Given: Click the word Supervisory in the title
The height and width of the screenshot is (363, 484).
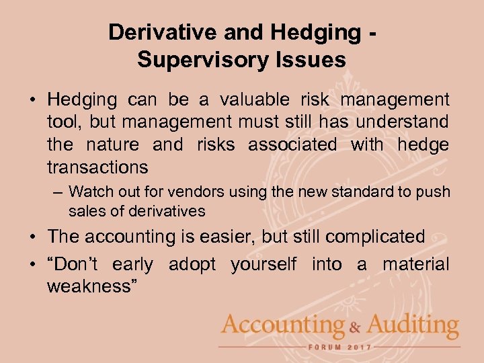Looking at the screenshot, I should coord(204,61).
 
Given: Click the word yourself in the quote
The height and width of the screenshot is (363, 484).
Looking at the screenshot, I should coord(263,264).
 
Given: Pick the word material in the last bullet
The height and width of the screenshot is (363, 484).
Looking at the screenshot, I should coord(415,264).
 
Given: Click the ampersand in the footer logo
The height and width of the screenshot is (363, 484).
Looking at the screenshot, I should coord(354,327).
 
